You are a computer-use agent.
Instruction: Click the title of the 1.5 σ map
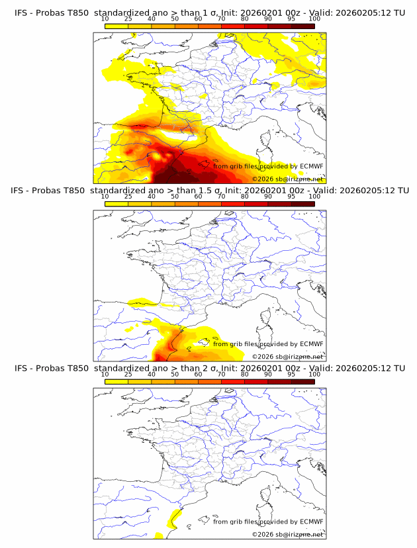pos(209,191)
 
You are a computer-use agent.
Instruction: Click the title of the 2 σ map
pos(209,368)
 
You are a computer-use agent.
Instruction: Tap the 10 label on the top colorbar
pos(105,19)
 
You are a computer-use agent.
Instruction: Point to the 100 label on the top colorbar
pos(314,19)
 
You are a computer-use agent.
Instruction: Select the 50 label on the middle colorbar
pos(175,197)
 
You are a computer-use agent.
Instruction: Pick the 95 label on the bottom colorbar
pos(291,374)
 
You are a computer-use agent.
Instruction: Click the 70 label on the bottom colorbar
pos(221,374)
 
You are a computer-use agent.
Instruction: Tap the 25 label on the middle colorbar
pos(128,197)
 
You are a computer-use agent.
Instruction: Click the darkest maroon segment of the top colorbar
pos(302,26)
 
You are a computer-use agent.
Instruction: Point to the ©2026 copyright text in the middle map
pos(287,356)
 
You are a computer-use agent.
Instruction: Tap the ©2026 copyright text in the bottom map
pos(287,534)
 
